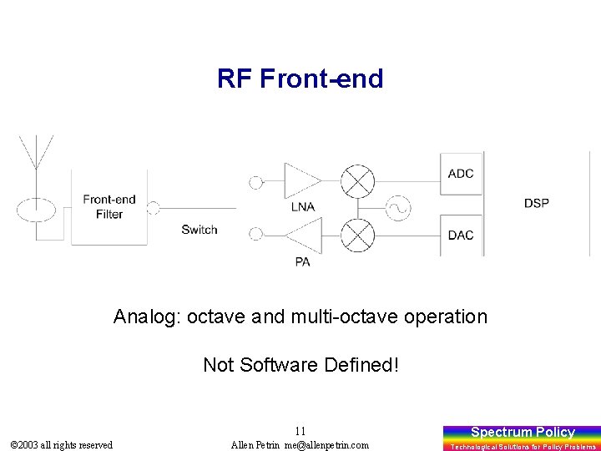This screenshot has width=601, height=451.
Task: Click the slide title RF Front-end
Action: point(300,79)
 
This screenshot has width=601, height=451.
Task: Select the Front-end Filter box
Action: point(109,206)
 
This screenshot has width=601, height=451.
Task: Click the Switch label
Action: point(199,230)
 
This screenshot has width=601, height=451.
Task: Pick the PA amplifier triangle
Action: point(302,236)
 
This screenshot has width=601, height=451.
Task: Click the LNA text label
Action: point(302,206)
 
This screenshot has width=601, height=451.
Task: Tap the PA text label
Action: point(302,261)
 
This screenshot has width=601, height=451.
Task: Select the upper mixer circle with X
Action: point(358,181)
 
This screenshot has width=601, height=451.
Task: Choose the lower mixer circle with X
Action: point(358,236)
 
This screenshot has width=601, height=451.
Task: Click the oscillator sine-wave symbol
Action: point(398,209)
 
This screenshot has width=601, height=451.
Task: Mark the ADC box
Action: point(462,174)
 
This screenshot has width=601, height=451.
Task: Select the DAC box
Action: point(462,236)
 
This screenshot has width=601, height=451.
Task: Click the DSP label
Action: point(536,203)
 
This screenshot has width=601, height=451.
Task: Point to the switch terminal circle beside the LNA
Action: point(256,181)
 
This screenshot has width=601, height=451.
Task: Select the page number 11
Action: point(300,431)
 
